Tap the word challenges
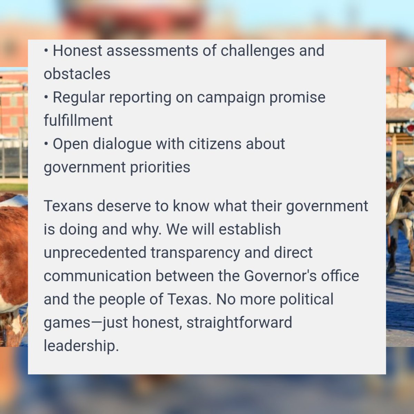click(x=257, y=51)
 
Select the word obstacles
click(x=77, y=74)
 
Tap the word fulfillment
click(x=78, y=120)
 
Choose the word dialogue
click(x=122, y=144)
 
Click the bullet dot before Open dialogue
click(x=46, y=144)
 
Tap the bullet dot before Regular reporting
click(x=46, y=97)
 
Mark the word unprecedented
click(x=95, y=253)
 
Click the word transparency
click(x=195, y=253)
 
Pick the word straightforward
click(x=239, y=323)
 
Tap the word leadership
click(x=81, y=346)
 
